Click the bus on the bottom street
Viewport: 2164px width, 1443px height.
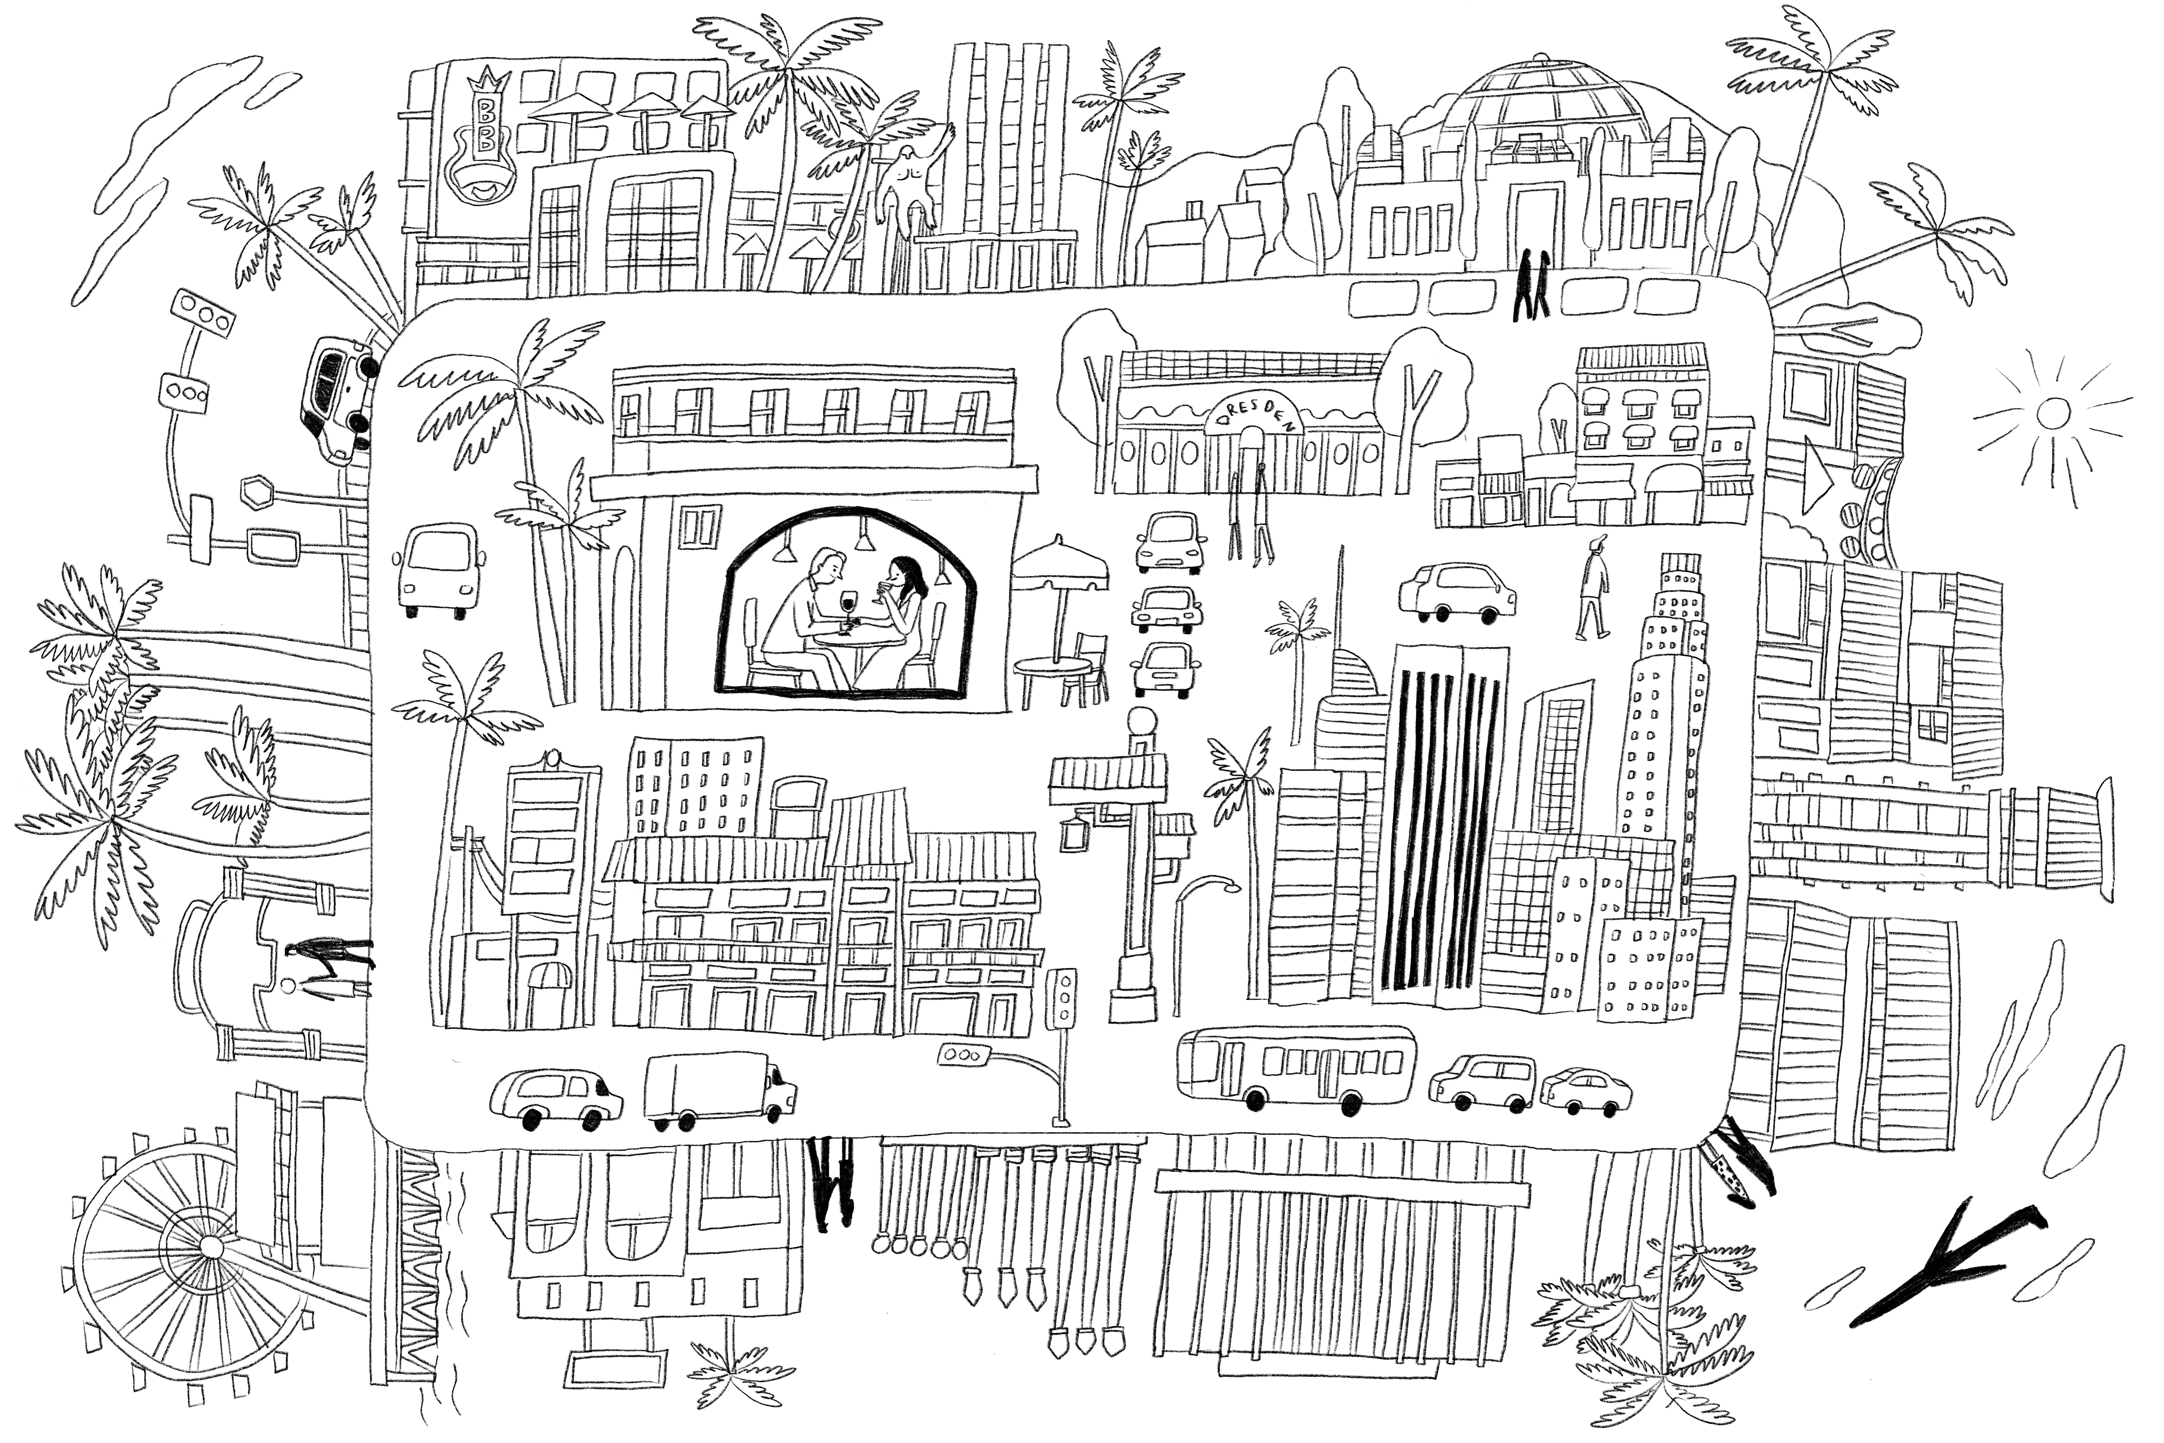[1297, 1068]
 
